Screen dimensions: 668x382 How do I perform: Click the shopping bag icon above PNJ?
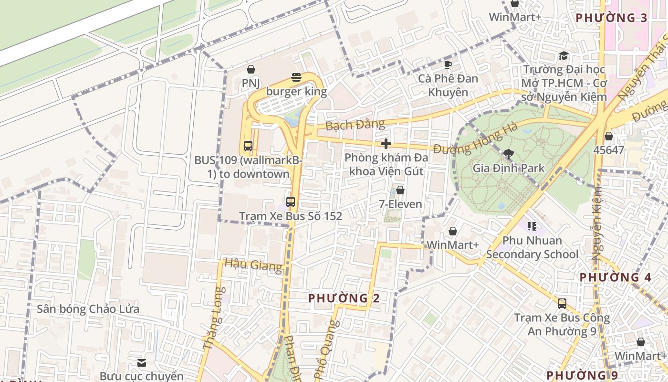point(251,70)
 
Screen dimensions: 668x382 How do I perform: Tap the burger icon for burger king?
point(296,77)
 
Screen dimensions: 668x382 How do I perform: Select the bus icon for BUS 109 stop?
point(248,146)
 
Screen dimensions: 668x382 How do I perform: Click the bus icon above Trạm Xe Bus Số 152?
point(291,202)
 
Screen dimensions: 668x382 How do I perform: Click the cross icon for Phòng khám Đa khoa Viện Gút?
point(386,144)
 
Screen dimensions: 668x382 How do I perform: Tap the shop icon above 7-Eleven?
point(400,191)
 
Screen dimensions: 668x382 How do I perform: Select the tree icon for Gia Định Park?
point(509,154)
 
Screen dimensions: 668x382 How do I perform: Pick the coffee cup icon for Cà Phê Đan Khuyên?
point(448,64)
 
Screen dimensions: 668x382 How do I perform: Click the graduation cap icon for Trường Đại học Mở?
point(564,55)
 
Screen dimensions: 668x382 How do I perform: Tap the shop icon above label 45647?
point(608,136)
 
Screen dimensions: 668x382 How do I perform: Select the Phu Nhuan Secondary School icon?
point(532,226)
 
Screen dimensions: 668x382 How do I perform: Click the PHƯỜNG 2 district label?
point(344,298)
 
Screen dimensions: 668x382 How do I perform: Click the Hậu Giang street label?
point(253,265)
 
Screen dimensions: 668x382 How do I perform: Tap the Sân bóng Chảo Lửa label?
point(88,309)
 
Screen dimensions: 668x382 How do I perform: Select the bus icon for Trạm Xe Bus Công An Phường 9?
point(562,304)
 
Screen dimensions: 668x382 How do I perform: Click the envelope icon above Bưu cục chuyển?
point(142,363)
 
